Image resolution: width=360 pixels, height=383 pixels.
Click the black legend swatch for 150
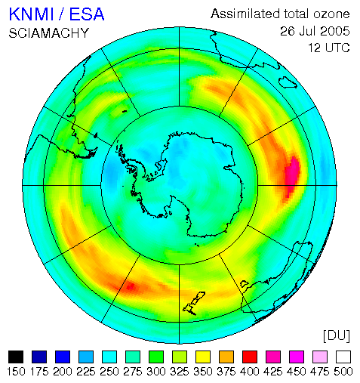tap(16, 357)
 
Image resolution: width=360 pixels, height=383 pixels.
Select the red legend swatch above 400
tap(250, 357)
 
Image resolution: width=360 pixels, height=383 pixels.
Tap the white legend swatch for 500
tap(343, 357)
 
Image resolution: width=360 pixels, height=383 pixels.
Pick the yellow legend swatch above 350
tap(203, 357)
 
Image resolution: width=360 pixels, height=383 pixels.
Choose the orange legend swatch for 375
tap(226, 357)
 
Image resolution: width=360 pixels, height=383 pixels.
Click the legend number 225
tap(86, 372)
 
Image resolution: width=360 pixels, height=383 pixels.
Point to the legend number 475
tap(320, 372)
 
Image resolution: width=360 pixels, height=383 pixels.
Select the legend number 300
tap(156, 372)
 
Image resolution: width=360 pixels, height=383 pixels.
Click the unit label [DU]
tap(337, 335)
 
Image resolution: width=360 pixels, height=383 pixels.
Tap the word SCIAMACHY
tap(49, 33)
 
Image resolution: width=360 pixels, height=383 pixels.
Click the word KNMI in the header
tap(32, 14)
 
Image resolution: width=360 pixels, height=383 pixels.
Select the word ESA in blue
tap(87, 14)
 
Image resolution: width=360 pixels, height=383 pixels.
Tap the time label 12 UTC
tap(329, 48)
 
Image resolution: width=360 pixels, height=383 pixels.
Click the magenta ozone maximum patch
tap(293, 174)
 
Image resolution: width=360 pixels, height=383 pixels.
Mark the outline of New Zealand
tap(194, 304)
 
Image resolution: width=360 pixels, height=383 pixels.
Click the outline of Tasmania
tap(245, 284)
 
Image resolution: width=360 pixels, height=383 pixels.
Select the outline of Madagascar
tap(288, 82)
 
